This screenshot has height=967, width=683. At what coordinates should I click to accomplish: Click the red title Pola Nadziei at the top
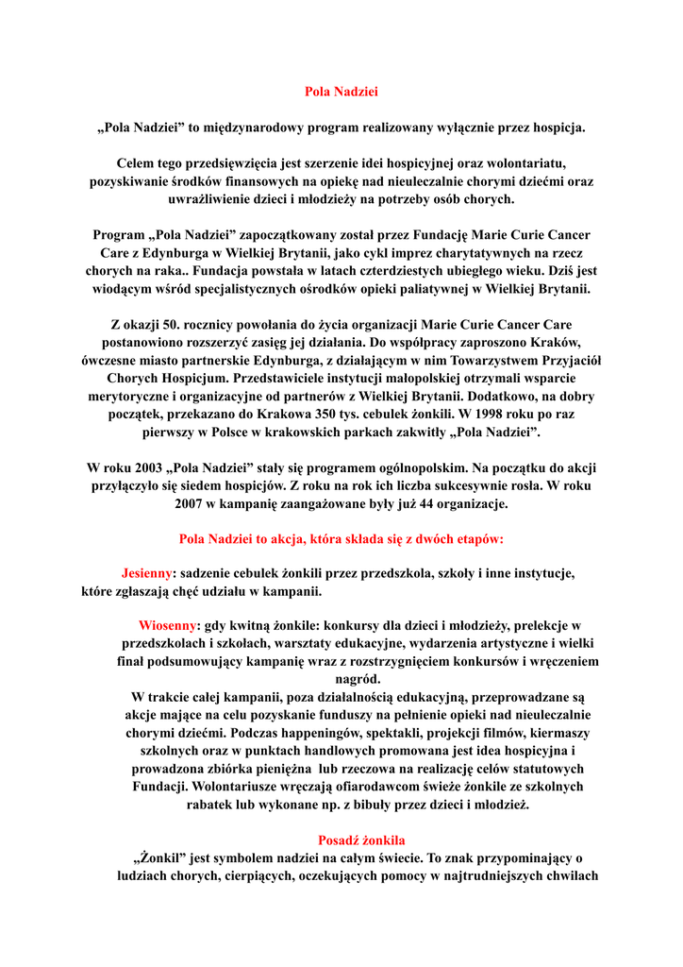341,92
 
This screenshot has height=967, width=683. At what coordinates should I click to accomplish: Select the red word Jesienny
146,573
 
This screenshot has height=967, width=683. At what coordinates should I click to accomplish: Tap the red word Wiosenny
168,625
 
